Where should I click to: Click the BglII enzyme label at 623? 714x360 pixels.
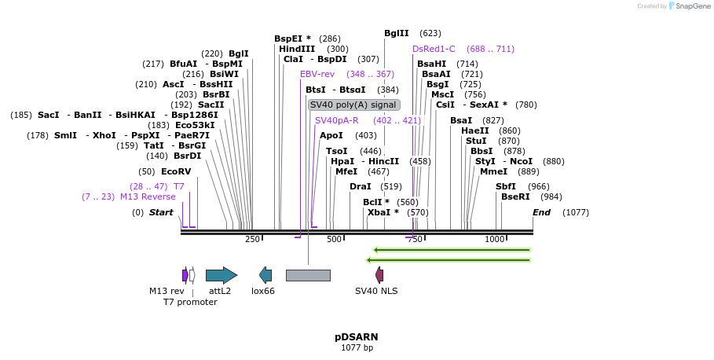click(396, 33)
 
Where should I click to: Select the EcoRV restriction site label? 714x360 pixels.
click(175, 171)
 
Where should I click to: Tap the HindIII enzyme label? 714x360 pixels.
click(297, 49)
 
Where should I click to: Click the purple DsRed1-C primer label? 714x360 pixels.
click(434, 49)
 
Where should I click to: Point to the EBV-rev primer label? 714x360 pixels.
click(317, 74)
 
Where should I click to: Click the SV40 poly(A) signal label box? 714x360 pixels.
click(354, 105)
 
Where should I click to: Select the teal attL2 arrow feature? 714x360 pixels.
click(221, 275)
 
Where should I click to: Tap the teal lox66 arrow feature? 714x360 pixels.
click(265, 275)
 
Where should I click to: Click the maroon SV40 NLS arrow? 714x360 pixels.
click(379, 275)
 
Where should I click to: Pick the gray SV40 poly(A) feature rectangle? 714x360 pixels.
click(308, 275)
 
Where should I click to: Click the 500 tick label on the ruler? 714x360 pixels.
click(335, 240)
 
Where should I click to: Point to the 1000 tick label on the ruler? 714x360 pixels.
click(494, 240)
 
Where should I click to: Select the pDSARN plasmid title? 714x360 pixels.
click(357, 337)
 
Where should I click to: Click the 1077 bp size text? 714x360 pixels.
click(357, 347)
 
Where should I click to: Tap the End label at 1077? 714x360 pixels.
click(541, 212)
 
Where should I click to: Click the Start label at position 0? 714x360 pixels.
click(161, 212)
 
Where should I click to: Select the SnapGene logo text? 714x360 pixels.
click(689, 6)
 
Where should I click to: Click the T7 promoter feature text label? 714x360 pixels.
click(190, 302)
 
